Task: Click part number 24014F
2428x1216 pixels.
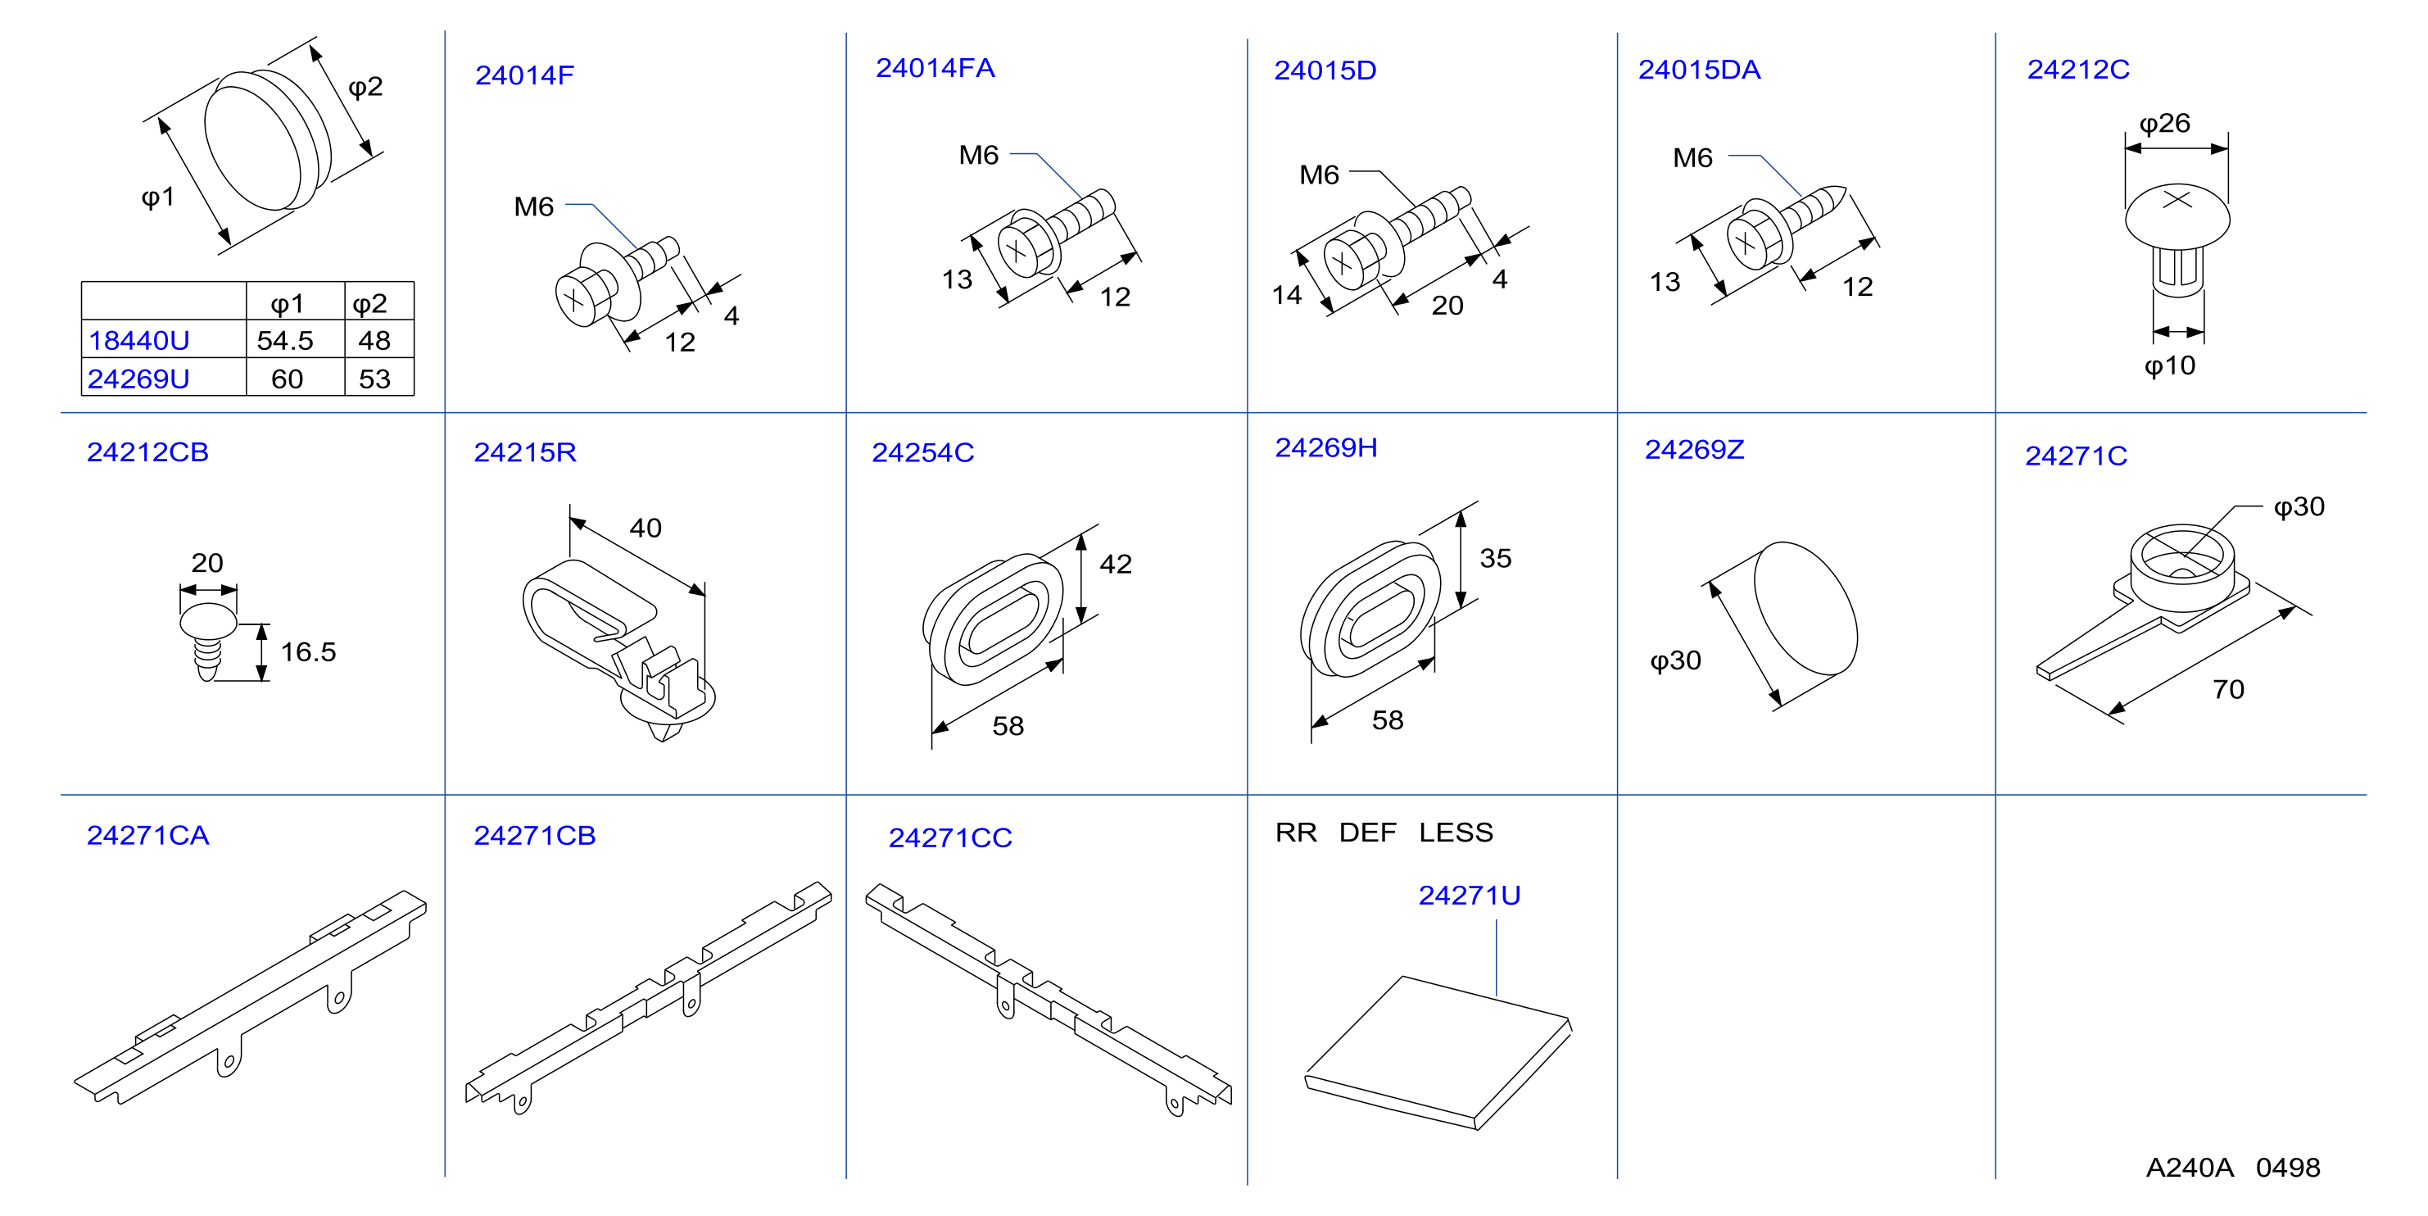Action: tap(524, 75)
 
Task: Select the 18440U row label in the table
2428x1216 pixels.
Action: tap(138, 340)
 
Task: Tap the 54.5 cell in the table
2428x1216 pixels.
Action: tap(284, 340)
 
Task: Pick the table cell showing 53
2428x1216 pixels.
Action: tap(374, 379)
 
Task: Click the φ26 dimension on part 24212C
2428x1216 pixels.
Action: tap(2164, 124)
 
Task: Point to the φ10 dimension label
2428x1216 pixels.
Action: tap(2169, 365)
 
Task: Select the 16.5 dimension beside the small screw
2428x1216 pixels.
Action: tap(308, 651)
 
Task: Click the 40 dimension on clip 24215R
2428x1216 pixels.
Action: tap(646, 528)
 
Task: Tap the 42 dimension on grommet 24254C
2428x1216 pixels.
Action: tap(1115, 564)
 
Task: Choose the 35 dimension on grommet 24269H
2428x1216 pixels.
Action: tap(1495, 558)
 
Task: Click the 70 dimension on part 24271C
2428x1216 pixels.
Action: tap(2228, 689)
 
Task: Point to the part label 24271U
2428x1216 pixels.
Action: tap(1470, 895)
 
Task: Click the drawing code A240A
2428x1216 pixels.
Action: tap(2190, 1167)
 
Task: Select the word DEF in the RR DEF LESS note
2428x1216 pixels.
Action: tap(1368, 833)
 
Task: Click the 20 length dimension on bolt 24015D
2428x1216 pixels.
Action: tap(1447, 306)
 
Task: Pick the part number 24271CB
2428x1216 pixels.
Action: tap(534, 835)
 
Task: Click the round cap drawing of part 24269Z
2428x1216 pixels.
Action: tap(1805, 609)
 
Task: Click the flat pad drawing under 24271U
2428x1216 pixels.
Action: tap(1438, 1052)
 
